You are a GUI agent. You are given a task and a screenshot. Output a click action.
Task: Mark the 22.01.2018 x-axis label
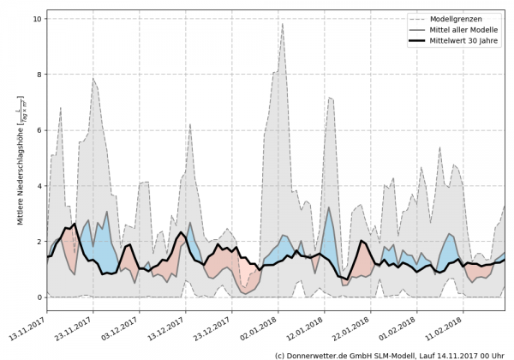pyautogui.click(x=356, y=325)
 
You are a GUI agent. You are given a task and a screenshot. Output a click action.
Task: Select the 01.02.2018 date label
pyautogui.click(x=403, y=325)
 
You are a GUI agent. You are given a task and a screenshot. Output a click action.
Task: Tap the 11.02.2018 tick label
pyautogui.click(x=449, y=325)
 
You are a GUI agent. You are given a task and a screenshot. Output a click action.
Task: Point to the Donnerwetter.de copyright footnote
pyautogui.click(x=389, y=354)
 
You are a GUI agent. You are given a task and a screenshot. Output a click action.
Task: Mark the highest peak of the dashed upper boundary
pyautogui.click(x=282, y=23)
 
